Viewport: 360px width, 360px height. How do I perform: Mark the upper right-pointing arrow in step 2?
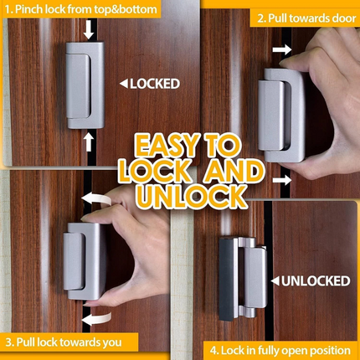point(281,51)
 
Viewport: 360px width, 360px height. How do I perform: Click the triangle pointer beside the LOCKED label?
point(123,83)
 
